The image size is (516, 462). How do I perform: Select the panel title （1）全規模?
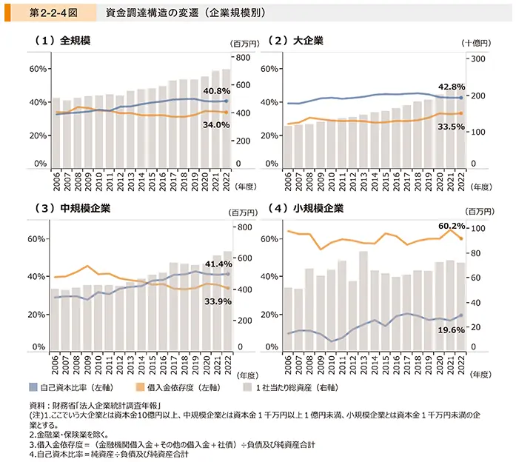click(x=62, y=40)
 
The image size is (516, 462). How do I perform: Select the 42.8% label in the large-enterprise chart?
click(x=452, y=86)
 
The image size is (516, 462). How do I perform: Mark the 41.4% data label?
click(x=218, y=264)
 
